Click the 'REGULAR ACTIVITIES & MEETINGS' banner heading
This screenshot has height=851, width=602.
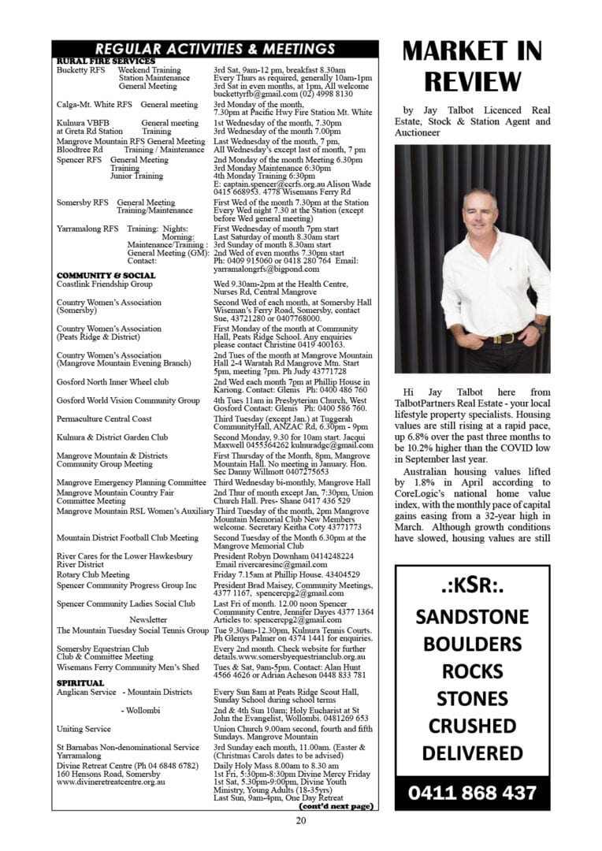214,49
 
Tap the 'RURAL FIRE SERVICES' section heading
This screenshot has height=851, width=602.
106,61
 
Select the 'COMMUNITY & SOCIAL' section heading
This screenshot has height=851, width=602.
106,275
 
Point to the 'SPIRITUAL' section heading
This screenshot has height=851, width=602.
80,682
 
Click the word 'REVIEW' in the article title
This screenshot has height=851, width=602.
472,80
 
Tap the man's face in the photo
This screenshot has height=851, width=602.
480,212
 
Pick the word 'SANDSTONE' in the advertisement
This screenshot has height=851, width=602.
472,616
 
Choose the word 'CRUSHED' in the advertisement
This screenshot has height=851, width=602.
472,725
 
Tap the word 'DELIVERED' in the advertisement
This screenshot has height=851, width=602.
472,753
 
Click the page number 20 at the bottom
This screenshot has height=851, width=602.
300,820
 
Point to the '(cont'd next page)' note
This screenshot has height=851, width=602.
336,806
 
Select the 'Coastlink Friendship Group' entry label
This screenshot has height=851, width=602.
105,284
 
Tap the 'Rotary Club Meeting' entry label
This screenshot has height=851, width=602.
93,574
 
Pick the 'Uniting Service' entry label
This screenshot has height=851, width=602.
84,729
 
